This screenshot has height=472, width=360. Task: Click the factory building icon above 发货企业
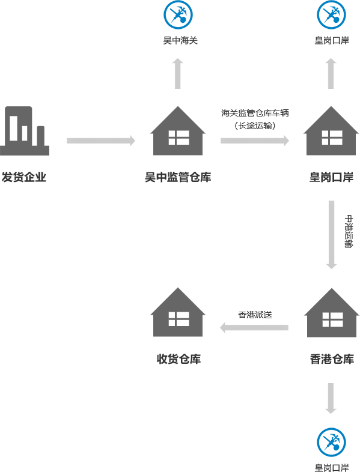25,131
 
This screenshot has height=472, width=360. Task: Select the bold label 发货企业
24,177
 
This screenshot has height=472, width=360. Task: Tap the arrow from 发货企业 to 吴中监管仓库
101,141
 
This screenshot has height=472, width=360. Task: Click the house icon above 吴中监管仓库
178,131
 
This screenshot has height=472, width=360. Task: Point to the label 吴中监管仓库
178,177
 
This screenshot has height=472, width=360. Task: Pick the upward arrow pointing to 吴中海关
178,73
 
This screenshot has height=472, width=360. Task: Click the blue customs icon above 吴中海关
178,14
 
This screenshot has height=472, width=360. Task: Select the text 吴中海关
180,40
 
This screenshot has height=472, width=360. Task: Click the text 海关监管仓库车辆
255,113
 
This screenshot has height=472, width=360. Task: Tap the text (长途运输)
255,126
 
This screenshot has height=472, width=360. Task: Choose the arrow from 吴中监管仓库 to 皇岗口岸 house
255,141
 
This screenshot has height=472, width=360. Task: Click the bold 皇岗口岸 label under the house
331,177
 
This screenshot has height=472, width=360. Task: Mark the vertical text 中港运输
349,231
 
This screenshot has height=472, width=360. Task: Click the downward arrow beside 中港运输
331,235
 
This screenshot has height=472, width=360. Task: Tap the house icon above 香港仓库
332,312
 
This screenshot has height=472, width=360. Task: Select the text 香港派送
255,315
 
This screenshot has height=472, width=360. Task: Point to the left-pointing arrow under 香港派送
254,327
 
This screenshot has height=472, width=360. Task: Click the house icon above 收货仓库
178,312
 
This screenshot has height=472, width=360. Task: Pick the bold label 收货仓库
178,359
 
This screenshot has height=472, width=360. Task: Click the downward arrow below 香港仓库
331,398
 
